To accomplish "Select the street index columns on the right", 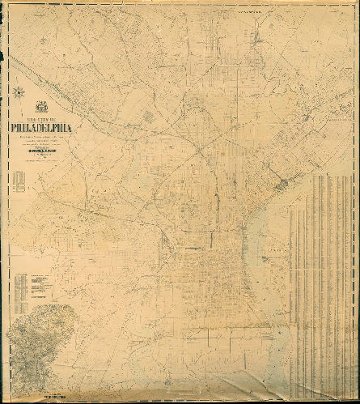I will pyautogui.click(x=324, y=275).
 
